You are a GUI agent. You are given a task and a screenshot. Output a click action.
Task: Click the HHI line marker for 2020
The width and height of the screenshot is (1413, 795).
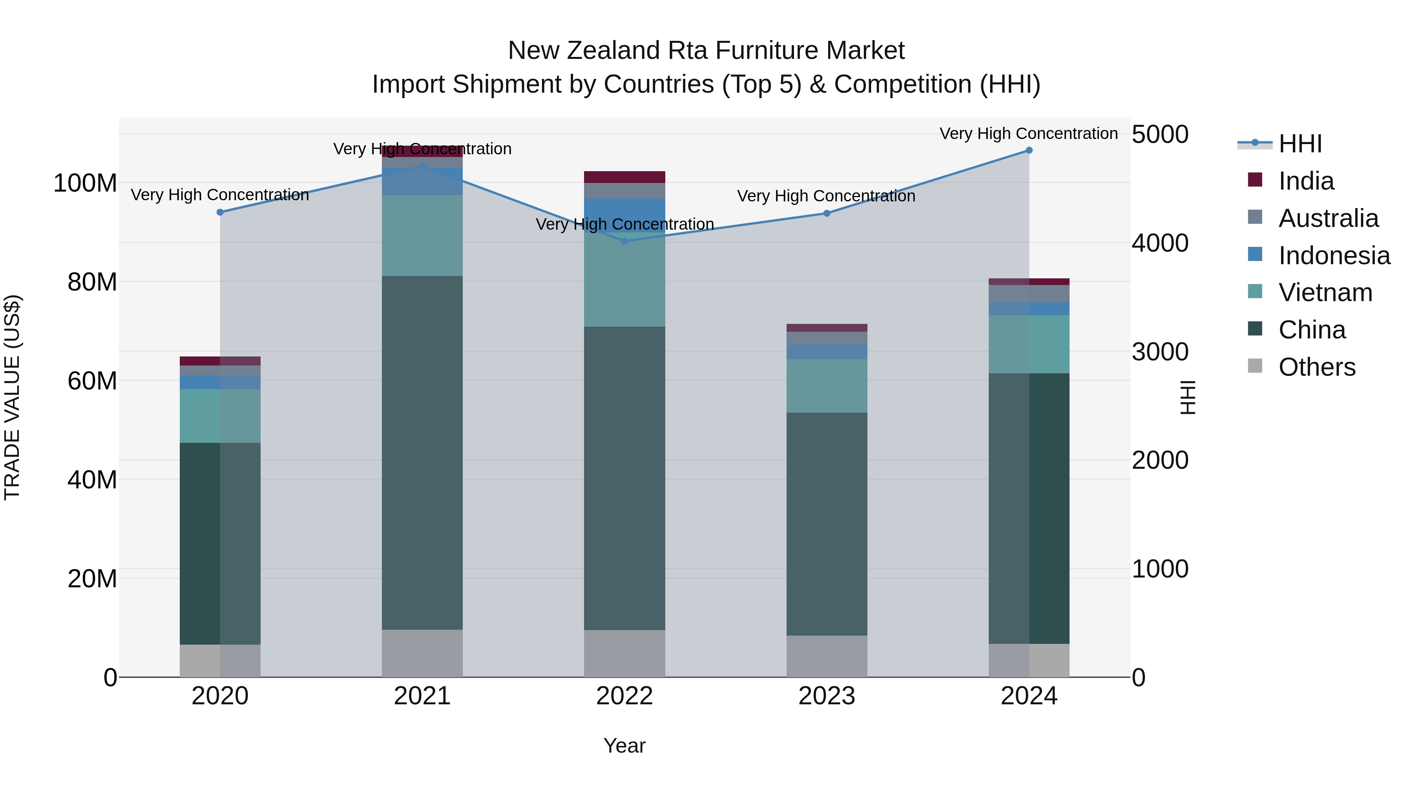(x=220, y=212)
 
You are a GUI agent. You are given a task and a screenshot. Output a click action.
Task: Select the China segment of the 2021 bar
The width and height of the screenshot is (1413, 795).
(x=422, y=453)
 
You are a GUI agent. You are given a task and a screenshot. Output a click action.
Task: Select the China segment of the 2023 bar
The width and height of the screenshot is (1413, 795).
(x=827, y=524)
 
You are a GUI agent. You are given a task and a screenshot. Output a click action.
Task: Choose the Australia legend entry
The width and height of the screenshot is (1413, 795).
(x=1328, y=218)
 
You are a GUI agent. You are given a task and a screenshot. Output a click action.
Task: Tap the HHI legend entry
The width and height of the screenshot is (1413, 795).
(x=1300, y=144)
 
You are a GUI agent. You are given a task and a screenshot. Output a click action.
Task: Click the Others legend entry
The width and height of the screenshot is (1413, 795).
(x=1316, y=367)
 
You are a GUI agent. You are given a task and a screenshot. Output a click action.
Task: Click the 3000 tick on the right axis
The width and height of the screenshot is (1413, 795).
(x=1159, y=352)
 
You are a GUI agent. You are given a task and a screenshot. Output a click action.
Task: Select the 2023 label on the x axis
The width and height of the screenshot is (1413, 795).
(x=827, y=696)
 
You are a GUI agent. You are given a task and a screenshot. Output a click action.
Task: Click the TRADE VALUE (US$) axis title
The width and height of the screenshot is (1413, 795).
(x=12, y=397)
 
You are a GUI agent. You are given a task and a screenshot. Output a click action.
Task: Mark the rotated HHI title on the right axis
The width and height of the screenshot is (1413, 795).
(x=1188, y=397)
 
